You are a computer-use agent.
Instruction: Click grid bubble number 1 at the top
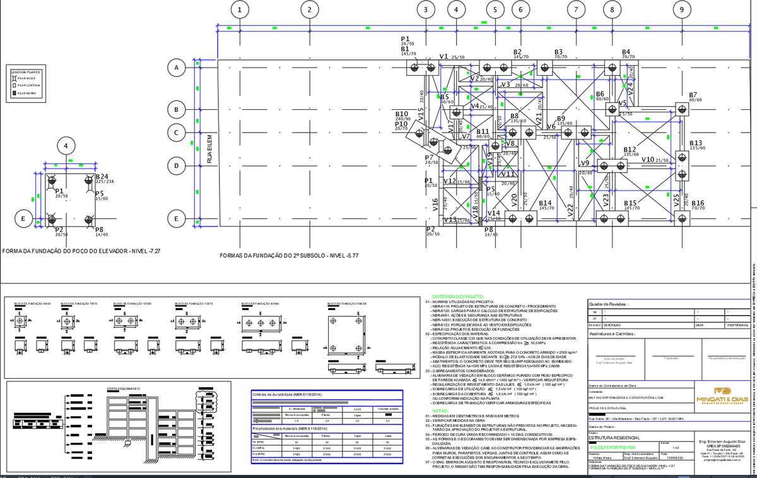click(x=240, y=9)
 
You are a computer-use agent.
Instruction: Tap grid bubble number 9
click(x=682, y=9)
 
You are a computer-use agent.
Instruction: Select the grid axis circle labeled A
click(x=177, y=67)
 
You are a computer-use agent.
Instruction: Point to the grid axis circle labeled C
click(x=177, y=133)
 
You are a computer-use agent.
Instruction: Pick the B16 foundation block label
click(x=698, y=203)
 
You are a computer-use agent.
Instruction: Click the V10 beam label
click(x=648, y=160)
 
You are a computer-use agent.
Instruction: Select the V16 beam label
click(x=435, y=203)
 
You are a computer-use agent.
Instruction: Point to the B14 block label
click(x=546, y=203)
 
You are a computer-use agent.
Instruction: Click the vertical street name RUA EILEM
click(x=210, y=149)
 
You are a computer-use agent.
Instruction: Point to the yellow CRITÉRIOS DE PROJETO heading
click(x=457, y=297)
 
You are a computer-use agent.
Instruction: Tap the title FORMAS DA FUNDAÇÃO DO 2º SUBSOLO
click(x=289, y=256)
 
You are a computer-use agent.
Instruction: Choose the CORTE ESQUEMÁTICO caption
click(x=122, y=388)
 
